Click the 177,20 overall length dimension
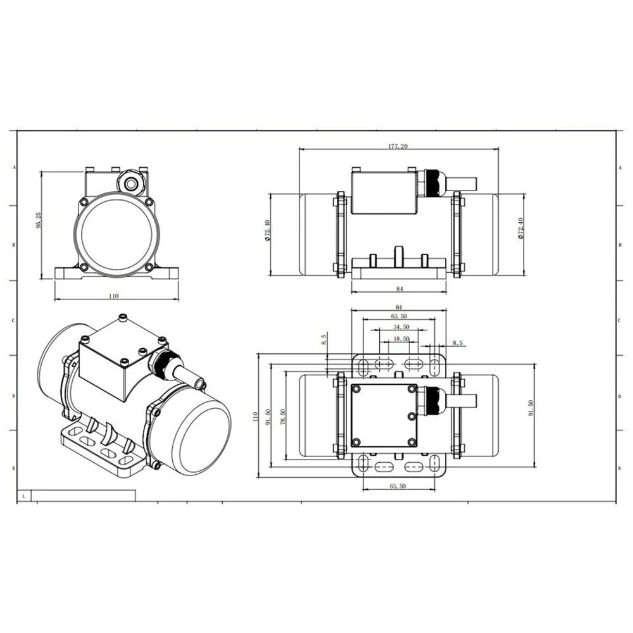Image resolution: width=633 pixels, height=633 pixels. point(398,146)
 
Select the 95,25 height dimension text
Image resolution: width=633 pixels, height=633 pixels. point(39,220)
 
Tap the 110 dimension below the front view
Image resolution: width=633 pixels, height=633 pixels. point(115,296)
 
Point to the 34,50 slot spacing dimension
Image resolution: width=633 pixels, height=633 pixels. point(401,327)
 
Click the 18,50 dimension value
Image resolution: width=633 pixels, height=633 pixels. point(401,339)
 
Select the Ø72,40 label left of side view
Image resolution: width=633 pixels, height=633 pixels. point(268,230)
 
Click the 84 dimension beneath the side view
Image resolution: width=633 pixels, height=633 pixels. point(399,289)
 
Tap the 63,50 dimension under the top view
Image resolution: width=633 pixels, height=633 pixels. point(399,486)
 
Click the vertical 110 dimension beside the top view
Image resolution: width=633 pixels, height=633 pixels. point(255,416)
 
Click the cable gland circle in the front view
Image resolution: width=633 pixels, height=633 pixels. point(132,184)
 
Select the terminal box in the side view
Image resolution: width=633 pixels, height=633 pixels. point(383,192)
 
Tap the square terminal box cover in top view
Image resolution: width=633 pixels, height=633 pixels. point(384,415)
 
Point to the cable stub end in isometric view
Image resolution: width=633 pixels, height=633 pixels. point(200,383)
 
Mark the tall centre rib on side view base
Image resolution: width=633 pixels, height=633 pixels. point(398,256)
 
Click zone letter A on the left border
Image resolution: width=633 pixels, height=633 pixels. point(15,167)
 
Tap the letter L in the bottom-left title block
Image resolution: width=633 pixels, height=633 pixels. point(23,496)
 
